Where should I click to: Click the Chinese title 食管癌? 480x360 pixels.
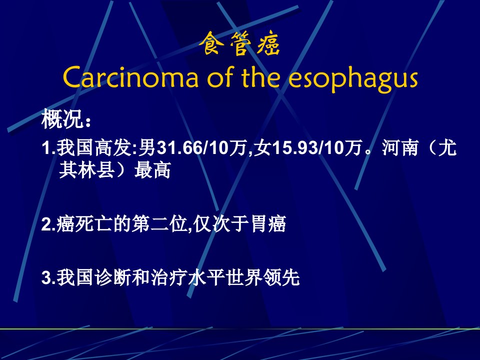click(x=239, y=44)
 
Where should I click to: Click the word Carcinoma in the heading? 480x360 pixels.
click(x=130, y=78)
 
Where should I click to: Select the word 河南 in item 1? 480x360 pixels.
click(x=400, y=148)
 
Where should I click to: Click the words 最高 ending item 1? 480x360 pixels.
click(x=152, y=170)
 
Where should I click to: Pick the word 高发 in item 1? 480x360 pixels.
click(x=113, y=148)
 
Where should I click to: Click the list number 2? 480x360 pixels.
click(x=48, y=224)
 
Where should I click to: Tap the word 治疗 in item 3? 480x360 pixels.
click(x=169, y=277)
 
